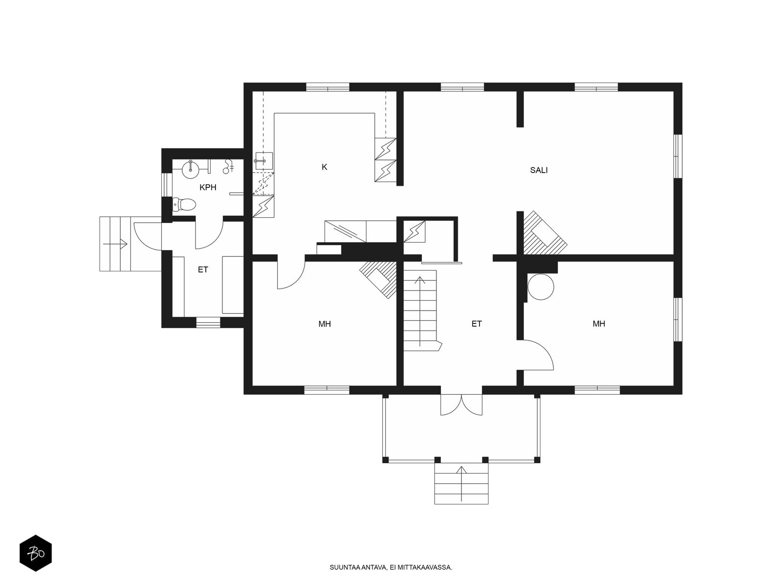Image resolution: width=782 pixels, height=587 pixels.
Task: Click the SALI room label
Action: tap(538, 170)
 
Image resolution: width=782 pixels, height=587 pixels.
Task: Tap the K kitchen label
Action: tap(324, 167)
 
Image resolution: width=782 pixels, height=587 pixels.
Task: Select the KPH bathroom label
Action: tap(208, 187)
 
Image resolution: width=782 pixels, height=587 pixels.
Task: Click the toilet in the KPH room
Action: tap(184, 204)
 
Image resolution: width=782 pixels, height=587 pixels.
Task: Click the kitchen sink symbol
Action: tap(264, 161)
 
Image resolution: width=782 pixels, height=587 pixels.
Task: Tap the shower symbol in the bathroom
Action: tap(228, 166)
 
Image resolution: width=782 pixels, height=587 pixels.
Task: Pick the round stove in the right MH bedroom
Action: tap(541, 287)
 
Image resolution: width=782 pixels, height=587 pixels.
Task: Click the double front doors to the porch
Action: tap(461, 405)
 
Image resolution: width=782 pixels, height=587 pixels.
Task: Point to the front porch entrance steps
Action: tap(461, 484)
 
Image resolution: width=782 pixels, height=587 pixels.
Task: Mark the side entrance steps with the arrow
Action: tap(115, 244)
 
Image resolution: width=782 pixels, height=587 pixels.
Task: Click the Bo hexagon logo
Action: tap(36, 553)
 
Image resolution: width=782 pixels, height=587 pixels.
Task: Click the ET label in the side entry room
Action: tap(203, 270)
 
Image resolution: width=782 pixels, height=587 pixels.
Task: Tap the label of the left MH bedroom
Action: tap(325, 324)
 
